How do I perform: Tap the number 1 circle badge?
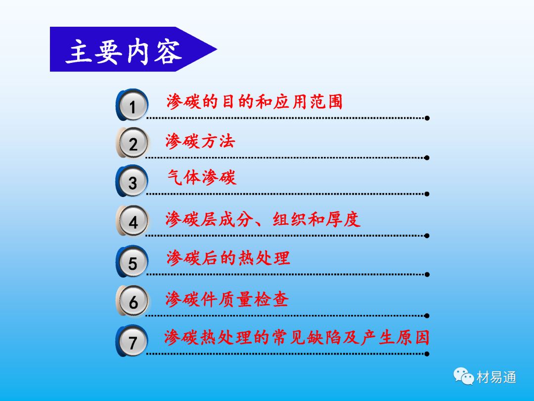click(132, 105)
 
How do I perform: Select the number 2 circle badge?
click(132, 143)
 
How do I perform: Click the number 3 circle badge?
click(132, 181)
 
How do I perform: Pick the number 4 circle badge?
click(132, 221)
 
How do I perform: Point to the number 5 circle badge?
click(132, 261)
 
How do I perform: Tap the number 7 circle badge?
click(132, 341)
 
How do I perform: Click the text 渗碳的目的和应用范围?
click(254, 101)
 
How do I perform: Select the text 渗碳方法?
click(200, 141)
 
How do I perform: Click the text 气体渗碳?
click(202, 177)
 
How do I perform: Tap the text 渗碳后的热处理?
click(228, 258)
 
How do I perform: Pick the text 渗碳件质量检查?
click(227, 300)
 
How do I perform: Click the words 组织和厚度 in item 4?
click(316, 219)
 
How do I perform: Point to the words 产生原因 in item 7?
click(395, 338)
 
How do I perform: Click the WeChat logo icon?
click(463, 376)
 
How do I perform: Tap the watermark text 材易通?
click(496, 377)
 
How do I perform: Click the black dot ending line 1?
click(427, 118)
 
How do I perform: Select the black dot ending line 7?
click(427, 354)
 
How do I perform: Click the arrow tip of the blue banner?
click(217, 50)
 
